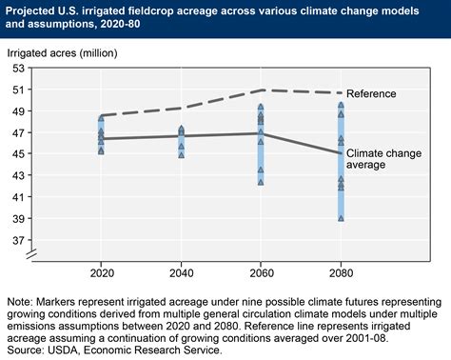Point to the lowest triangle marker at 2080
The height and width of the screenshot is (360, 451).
point(341,219)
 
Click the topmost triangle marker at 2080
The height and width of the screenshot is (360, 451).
point(341,106)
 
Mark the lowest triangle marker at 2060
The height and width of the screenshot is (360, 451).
point(261,182)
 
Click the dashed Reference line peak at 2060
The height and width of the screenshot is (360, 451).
point(261,90)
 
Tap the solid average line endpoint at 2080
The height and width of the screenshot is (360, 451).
point(341,153)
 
